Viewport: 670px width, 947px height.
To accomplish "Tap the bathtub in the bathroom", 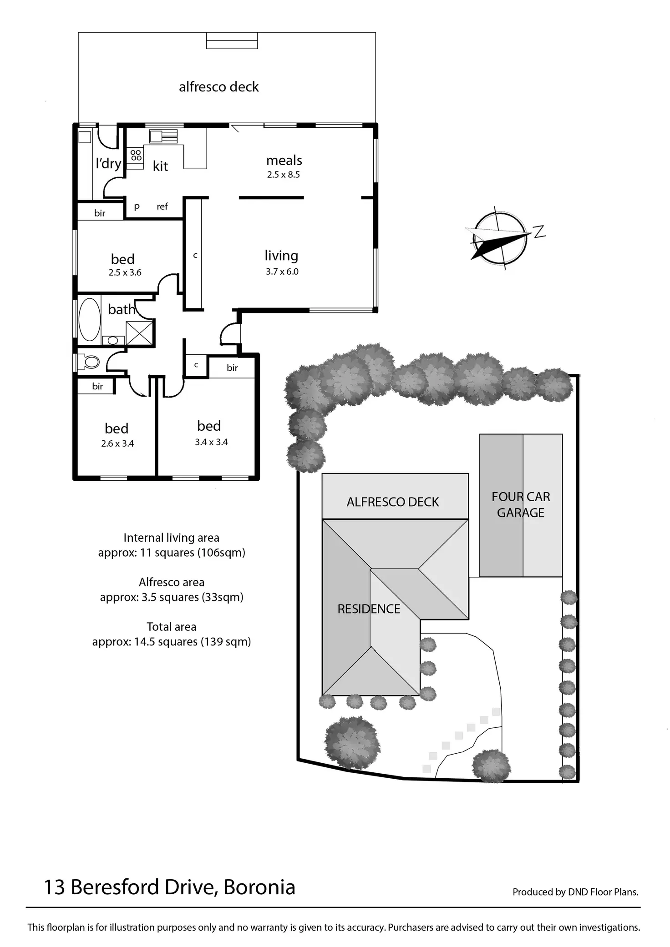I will pyautogui.click(x=90, y=319).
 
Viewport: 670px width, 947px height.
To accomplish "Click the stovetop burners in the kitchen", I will pyautogui.click(x=136, y=155).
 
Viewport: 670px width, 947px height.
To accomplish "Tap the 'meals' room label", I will pyautogui.click(x=284, y=161).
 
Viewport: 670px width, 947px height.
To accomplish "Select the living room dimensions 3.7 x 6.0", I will pyautogui.click(x=282, y=272).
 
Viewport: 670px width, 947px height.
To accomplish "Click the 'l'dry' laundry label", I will pyautogui.click(x=108, y=163).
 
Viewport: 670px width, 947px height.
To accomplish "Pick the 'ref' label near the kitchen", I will pyautogui.click(x=162, y=207).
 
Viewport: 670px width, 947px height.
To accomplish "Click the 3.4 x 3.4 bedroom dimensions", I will pyautogui.click(x=211, y=442).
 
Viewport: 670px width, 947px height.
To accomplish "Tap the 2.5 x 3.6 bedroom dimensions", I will pyautogui.click(x=125, y=273).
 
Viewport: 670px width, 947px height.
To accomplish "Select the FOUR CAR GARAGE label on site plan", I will pyautogui.click(x=521, y=504).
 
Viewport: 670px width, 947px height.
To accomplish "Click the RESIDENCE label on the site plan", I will pyautogui.click(x=369, y=609).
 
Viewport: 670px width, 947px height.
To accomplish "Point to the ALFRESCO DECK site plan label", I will pyautogui.click(x=392, y=502).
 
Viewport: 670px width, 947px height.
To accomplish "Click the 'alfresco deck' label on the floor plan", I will pyautogui.click(x=218, y=87).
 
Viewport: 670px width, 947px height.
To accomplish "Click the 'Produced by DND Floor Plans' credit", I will pyautogui.click(x=575, y=892).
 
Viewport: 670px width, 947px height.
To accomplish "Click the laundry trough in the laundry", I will pyautogui.click(x=85, y=137).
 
